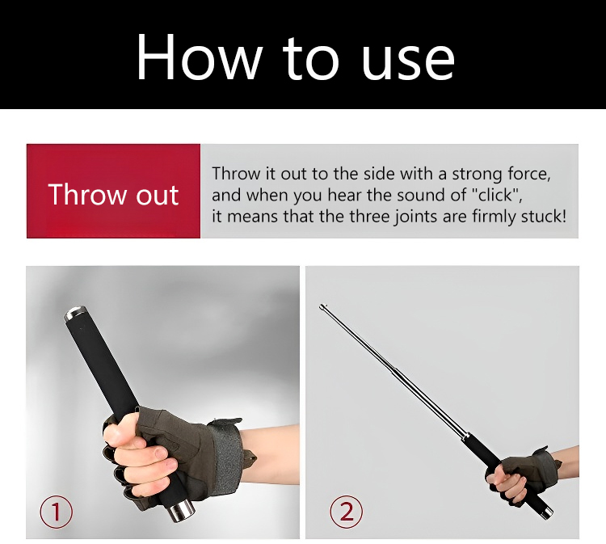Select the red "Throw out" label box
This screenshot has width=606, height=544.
pos(113,191)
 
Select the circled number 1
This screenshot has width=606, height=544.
pos(57,512)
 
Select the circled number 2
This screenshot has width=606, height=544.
pos(347,512)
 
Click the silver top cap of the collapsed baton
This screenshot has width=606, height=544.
pos(74,313)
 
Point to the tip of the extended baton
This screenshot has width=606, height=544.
pos(322,306)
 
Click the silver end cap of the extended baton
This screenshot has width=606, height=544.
pos(548,513)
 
